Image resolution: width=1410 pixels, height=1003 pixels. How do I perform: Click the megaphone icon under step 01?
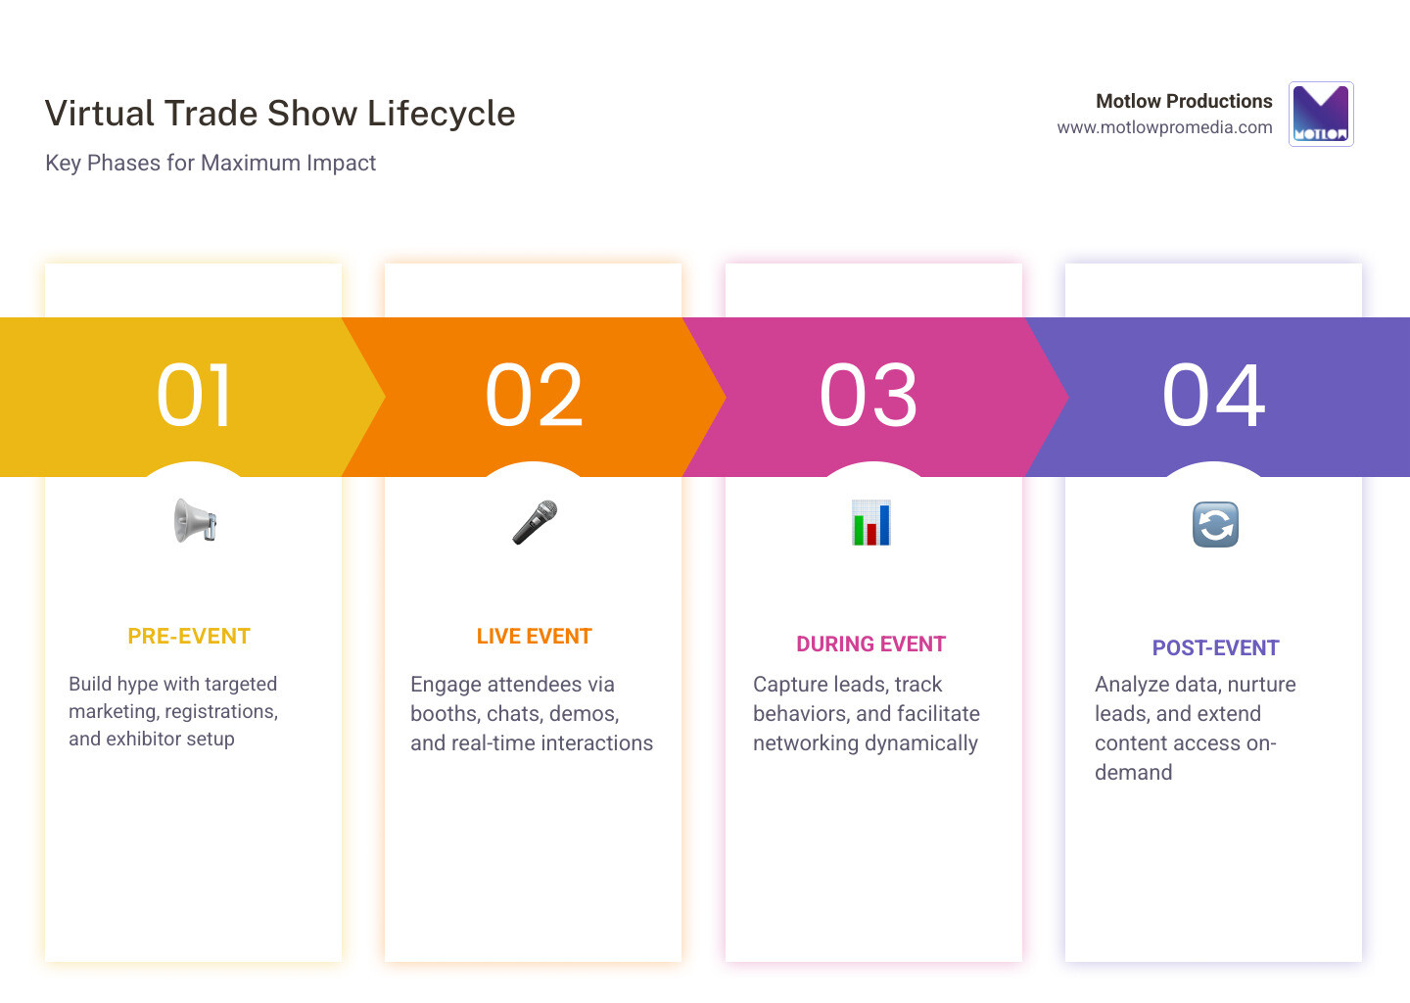pyautogui.click(x=195, y=520)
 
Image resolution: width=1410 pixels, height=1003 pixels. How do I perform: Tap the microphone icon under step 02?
pyautogui.click(x=535, y=522)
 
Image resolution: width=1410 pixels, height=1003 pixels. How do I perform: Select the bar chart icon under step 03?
pyautogui.click(x=870, y=522)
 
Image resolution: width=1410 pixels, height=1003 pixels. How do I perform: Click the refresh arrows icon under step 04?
pyautogui.click(x=1215, y=524)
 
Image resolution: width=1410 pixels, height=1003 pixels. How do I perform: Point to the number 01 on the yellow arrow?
pyautogui.click(x=195, y=396)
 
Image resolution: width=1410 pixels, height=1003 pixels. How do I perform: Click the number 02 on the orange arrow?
pyautogui.click(x=535, y=396)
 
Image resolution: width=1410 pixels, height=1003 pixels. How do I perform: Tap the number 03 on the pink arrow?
pyautogui.click(x=869, y=396)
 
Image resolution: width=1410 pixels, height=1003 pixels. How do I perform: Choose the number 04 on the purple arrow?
pyautogui.click(x=1214, y=396)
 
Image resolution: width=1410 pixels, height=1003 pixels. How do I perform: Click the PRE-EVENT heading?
pyautogui.click(x=189, y=637)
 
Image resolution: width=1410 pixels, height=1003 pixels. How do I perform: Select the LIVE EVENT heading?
pyautogui.click(x=534, y=637)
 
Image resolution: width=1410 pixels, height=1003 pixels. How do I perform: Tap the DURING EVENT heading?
pyautogui.click(x=870, y=645)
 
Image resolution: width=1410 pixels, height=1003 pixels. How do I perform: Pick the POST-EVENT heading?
pyautogui.click(x=1215, y=648)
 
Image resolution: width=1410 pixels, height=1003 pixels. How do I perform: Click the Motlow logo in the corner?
pyautogui.click(x=1321, y=114)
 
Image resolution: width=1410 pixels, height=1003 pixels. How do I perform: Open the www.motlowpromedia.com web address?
pyautogui.click(x=1164, y=127)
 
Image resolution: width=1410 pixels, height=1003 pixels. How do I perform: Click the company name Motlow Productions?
pyautogui.click(x=1184, y=101)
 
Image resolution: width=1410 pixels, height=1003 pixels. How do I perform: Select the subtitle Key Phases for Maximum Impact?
pyautogui.click(x=211, y=164)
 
